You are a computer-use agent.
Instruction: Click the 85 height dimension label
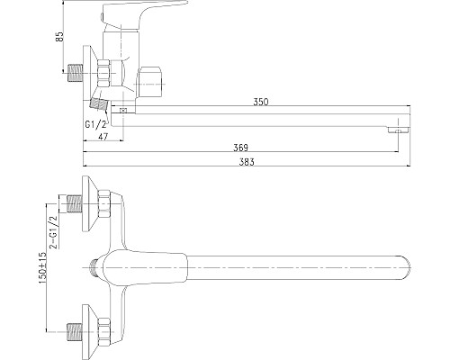[x=59, y=37]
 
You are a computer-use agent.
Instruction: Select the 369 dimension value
[x=240, y=147]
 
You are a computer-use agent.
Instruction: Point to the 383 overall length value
[x=247, y=163]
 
